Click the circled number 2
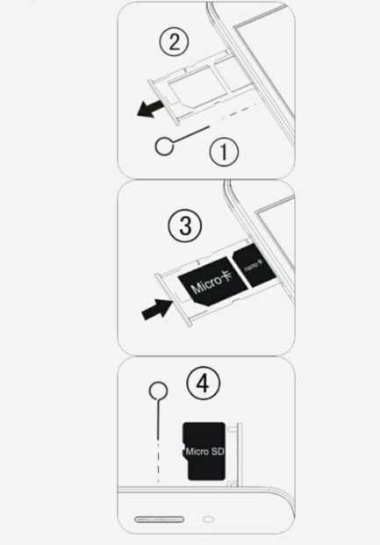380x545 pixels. pyautogui.click(x=174, y=42)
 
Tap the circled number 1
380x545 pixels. pyautogui.click(x=225, y=152)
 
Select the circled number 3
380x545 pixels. pyautogui.click(x=185, y=226)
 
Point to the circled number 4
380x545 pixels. pyautogui.click(x=204, y=384)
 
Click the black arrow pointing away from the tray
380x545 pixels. pyautogui.click(x=150, y=108)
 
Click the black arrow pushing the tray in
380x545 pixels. pyautogui.click(x=157, y=309)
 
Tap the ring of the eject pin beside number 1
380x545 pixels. pyautogui.click(x=164, y=146)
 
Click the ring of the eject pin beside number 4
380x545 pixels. pyautogui.click(x=158, y=391)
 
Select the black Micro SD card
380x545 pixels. pyautogui.click(x=204, y=451)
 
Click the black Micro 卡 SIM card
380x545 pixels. pyautogui.click(x=212, y=281)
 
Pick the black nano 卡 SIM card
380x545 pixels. pyautogui.click(x=255, y=266)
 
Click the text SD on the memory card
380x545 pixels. pyautogui.click(x=217, y=451)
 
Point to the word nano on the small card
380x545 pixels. pyautogui.click(x=251, y=267)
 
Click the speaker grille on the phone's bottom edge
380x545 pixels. pyautogui.click(x=159, y=520)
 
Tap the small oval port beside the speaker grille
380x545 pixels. pyautogui.click(x=208, y=520)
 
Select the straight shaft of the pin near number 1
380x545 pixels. pyautogui.click(x=191, y=134)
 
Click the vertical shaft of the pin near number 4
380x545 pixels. pyautogui.click(x=158, y=417)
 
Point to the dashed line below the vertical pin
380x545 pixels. pyautogui.click(x=158, y=461)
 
